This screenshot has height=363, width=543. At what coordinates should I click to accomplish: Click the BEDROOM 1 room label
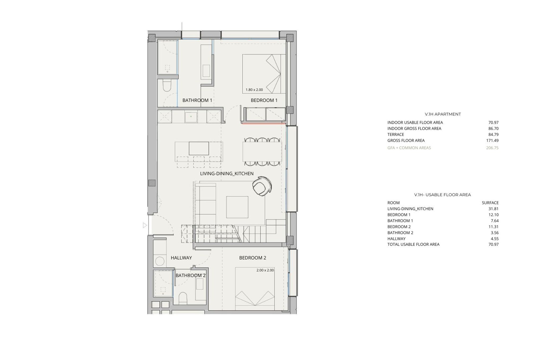[x=264, y=100]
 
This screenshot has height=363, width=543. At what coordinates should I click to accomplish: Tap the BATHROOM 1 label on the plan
[x=197, y=100]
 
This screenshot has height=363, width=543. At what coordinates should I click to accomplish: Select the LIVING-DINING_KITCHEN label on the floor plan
[x=227, y=174]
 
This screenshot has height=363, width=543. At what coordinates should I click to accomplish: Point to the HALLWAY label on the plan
[x=181, y=258]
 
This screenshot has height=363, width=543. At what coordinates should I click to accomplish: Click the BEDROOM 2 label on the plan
[x=252, y=258]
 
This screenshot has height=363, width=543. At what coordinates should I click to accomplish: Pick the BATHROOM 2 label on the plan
[x=190, y=275]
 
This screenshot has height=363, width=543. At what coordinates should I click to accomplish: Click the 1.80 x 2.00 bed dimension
[x=254, y=90]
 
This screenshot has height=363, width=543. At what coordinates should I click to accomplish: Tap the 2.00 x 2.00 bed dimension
[x=265, y=270]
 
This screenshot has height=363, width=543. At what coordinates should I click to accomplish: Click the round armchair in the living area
[x=262, y=186]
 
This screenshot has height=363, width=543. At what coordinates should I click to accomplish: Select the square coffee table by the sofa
[x=237, y=207]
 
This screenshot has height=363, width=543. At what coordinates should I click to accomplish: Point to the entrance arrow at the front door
[x=145, y=225]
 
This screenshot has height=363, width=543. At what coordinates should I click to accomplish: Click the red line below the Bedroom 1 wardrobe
[x=264, y=123]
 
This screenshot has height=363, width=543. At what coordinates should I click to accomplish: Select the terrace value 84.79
[x=493, y=134]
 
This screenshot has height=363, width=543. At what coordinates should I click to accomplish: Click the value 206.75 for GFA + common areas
[x=492, y=148]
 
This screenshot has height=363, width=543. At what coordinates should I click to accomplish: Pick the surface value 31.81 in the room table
[x=494, y=209]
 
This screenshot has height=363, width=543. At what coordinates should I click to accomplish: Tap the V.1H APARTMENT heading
[x=443, y=114]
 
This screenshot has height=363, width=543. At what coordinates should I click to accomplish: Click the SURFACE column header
[x=490, y=203]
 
